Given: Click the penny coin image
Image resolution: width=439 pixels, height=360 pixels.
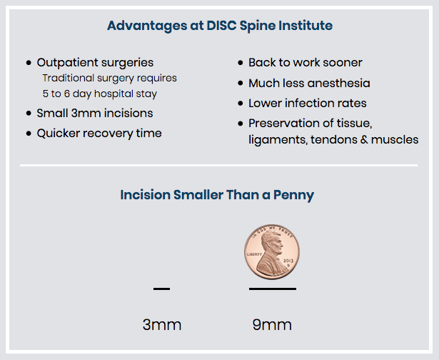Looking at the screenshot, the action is tap(272, 252).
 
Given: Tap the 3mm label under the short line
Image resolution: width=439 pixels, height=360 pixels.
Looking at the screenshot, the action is tap(162, 325).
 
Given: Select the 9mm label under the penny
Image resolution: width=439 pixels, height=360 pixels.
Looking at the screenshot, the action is tap(272, 325).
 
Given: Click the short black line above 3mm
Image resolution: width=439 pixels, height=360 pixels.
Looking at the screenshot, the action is tap(161, 289).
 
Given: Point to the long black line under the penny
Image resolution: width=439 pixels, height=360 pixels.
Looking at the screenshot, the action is tap(273, 289).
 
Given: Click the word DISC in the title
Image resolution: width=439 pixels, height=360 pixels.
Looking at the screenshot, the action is tap(221, 26).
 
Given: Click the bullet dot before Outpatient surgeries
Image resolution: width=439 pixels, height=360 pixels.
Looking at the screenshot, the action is tap(29, 62).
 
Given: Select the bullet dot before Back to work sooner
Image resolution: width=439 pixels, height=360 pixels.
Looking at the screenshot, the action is tap(241, 62).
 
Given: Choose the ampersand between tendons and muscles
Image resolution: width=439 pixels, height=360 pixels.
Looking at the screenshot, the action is tap(364, 139).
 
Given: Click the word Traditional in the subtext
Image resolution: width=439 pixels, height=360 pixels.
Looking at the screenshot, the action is tap(68, 78).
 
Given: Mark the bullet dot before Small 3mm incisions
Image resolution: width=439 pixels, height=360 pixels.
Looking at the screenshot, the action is tap(29, 113).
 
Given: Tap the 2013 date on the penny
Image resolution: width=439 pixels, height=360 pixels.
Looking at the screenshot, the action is tap(288, 261).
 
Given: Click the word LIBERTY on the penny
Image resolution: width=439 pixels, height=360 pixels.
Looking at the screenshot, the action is tap(254, 254).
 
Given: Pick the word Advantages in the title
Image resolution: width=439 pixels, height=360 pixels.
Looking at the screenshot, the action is tap(147, 26).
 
